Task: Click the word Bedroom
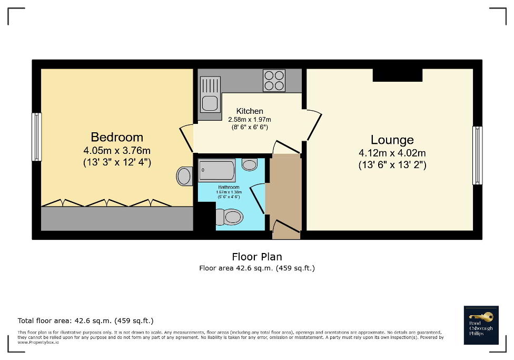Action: point(117,138)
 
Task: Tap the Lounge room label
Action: point(392,140)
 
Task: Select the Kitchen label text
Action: point(250,111)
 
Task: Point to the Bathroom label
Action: point(229,187)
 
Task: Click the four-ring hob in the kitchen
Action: point(274,81)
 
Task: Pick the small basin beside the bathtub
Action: point(249,164)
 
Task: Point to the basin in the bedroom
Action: point(184,176)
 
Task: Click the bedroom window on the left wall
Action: point(36,137)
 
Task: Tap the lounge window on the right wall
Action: point(477,155)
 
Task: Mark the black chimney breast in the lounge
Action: point(397,75)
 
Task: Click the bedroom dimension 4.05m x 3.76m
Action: point(117,151)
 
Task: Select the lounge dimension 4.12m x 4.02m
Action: point(392,153)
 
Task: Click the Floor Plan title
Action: point(257,257)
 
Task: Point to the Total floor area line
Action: point(85,320)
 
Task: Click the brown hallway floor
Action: point(284,190)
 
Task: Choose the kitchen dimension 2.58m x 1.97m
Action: point(250,120)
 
